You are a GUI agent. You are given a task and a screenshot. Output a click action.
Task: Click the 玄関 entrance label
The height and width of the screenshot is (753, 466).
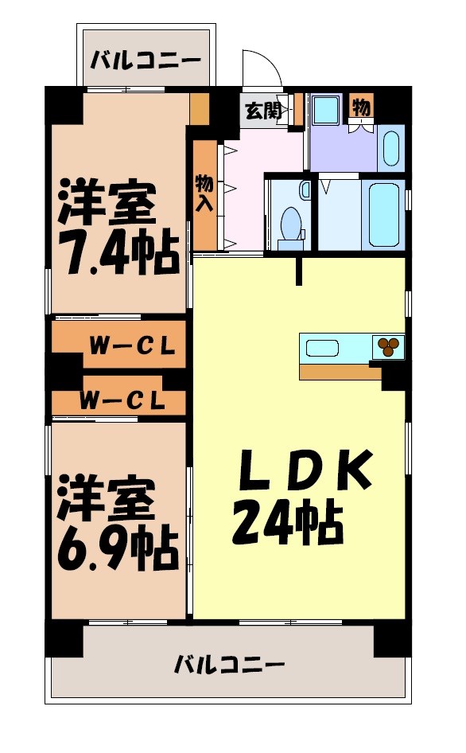[263, 111]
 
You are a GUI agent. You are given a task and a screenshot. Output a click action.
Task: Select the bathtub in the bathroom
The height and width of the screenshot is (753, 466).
[383, 213]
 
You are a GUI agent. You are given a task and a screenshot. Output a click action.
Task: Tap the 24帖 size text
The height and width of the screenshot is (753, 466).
[288, 525]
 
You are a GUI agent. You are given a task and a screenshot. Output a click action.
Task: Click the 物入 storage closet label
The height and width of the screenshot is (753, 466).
[204, 193]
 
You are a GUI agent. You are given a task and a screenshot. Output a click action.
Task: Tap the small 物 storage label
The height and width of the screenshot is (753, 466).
[360, 105]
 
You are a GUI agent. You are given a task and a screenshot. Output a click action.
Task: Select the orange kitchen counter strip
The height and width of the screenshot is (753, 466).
[334, 372]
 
